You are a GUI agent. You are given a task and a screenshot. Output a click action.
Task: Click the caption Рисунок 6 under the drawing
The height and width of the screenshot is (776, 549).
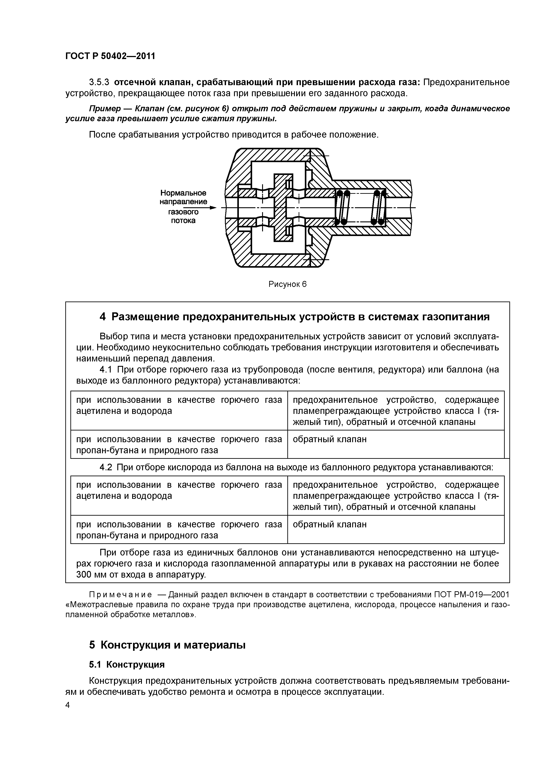click(x=288, y=284)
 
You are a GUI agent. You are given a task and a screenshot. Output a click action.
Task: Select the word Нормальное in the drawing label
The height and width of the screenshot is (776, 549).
click(x=183, y=193)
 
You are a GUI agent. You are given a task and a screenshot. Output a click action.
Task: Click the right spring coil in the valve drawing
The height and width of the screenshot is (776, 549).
click(x=378, y=207)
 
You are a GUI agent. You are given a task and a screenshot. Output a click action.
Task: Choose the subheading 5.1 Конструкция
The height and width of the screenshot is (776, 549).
click(x=127, y=665)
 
